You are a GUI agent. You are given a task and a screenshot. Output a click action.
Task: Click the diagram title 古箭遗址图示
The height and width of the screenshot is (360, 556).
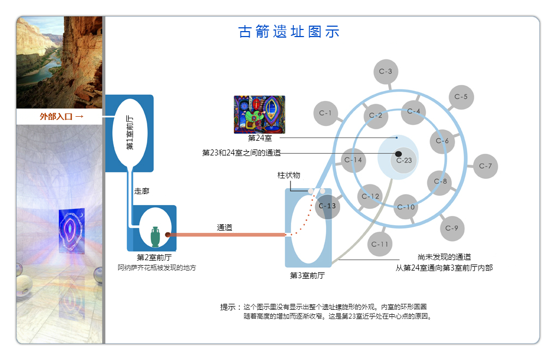coord(289,32)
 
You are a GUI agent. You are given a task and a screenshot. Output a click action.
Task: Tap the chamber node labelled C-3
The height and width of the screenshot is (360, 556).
coord(386,71)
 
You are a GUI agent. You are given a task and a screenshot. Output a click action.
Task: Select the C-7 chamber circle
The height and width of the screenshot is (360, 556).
coord(486,166)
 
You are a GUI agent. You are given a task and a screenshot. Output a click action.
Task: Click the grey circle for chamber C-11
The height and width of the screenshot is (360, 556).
coord(380,244)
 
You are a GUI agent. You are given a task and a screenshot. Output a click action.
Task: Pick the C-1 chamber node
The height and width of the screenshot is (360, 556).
coord(325,113)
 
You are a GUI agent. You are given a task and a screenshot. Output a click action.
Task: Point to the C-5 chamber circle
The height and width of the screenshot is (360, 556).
coord(461,97)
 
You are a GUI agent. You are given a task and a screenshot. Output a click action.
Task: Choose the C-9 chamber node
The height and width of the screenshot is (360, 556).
coord(452,228)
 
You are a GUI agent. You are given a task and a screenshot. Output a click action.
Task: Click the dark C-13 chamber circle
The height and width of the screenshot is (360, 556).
coord(327,206)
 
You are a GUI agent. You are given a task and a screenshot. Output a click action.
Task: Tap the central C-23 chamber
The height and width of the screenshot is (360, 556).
coord(404,161)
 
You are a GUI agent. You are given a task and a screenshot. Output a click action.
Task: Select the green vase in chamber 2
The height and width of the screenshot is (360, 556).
coord(155,237)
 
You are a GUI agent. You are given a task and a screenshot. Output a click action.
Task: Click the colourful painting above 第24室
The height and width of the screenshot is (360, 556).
coord(259,115)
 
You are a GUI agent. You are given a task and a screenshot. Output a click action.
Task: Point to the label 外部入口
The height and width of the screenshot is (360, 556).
coord(56,116)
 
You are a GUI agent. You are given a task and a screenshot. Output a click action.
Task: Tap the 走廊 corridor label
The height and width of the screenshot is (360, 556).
coord(142,191)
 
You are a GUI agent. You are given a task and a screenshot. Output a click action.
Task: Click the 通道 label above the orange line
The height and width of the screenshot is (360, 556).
coord(225,227)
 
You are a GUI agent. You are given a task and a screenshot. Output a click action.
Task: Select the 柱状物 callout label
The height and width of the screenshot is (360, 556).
coord(289,175)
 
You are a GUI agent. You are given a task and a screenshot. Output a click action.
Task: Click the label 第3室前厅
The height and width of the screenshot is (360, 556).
coord(307,275)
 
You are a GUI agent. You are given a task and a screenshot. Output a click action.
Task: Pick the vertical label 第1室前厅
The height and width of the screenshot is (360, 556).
coord(130,133)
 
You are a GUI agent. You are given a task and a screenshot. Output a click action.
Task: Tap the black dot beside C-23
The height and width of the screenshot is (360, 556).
coord(398,154)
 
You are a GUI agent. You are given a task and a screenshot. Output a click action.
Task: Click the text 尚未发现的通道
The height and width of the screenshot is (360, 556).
coord(444,257)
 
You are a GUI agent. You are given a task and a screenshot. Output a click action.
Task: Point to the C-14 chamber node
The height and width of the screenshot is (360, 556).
coord(353,160)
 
